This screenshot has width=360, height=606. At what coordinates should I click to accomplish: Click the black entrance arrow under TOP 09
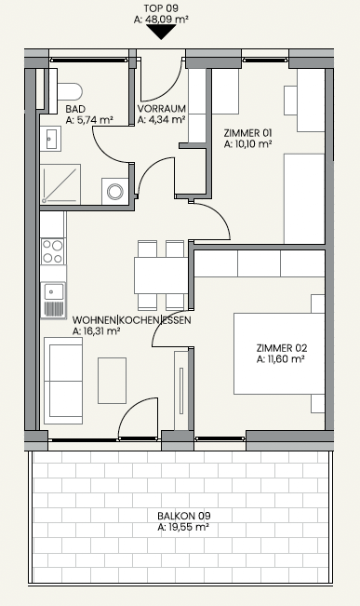[161, 32]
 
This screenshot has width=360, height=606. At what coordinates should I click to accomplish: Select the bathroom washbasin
[50, 139]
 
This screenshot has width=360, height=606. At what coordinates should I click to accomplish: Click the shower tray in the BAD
[60, 184]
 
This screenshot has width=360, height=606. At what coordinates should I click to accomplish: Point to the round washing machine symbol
[115, 192]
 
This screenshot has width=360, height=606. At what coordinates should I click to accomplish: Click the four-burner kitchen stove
[52, 251]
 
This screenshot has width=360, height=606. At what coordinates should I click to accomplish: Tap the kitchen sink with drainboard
[53, 301]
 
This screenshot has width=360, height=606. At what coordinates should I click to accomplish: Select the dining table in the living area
[161, 276]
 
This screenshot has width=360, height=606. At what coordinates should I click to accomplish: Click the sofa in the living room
[63, 381]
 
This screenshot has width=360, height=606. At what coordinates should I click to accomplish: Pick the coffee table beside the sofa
[112, 381]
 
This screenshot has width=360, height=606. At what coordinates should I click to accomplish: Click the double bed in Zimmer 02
[279, 354]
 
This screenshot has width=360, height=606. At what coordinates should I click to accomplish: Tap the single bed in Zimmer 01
[304, 198]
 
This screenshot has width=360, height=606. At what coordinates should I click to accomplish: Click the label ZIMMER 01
[247, 133]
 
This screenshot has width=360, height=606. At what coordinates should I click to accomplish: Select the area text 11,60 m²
[281, 359]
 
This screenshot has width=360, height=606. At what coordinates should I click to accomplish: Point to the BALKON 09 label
[184, 516]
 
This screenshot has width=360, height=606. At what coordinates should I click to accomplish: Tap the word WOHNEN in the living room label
[94, 320]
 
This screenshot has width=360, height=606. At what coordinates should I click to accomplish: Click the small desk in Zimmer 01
[290, 101]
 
